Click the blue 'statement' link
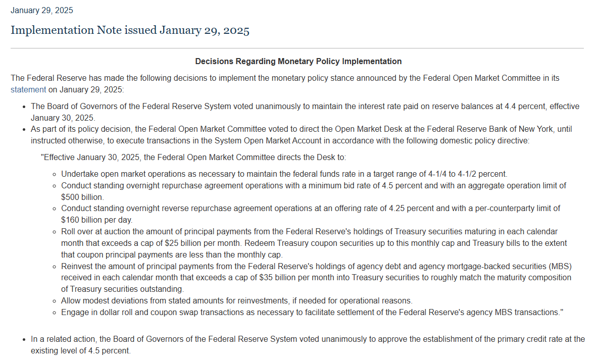pyautogui.click(x=28, y=90)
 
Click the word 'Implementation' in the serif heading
pyautogui.click(x=52, y=30)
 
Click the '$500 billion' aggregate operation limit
pyautogui.click(x=82, y=197)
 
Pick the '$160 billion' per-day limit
pyautogui.click(x=82, y=220)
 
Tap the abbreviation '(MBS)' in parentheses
pyautogui.click(x=561, y=266)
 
